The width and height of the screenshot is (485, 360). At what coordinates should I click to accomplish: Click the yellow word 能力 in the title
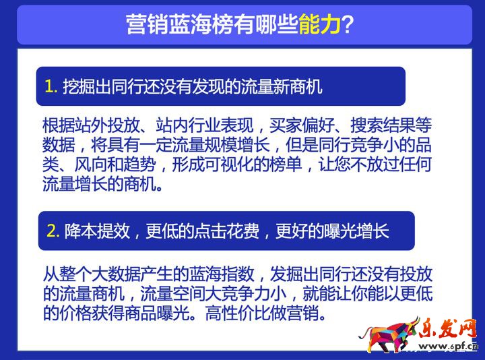point(320,24)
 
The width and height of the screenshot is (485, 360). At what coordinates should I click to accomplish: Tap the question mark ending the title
point(348,24)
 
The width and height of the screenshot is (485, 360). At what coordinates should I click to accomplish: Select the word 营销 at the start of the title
point(148,24)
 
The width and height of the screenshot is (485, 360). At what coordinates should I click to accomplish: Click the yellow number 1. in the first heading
point(51,86)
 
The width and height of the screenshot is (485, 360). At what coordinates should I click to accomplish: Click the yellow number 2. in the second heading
point(53,231)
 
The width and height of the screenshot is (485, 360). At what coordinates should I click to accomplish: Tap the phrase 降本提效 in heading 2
point(97,231)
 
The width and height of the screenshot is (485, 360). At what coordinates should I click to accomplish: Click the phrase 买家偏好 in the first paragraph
point(302,125)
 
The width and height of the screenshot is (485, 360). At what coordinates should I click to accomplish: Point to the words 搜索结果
point(383,125)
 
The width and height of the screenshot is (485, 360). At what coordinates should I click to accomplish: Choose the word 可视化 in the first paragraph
point(229,164)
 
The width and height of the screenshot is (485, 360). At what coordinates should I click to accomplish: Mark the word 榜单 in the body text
point(286,164)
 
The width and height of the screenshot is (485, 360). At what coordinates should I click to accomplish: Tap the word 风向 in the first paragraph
point(91,164)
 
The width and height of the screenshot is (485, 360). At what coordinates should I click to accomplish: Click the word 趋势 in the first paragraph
point(139,164)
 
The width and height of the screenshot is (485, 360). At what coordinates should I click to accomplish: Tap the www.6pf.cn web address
point(449,347)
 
